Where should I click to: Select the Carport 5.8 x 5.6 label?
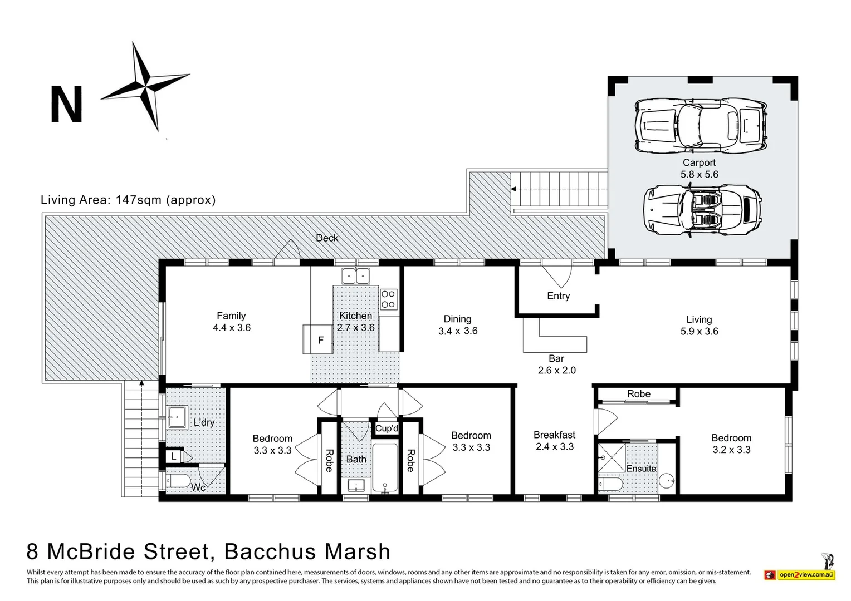pos(699,169)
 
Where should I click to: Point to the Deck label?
pos(327,238)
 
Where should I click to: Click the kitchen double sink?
pos(355,276)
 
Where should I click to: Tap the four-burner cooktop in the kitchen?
pos(388,299)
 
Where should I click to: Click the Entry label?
pos(558,296)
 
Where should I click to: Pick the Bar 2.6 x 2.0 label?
pos(556,364)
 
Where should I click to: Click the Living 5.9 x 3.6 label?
pos(699,326)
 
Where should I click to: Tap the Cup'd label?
pos(387,428)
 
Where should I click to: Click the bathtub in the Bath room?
pos(385,468)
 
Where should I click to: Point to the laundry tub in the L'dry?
pos(178,417)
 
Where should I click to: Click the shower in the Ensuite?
pos(612,458)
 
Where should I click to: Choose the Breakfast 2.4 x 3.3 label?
pos(554,440)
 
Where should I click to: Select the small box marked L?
pos(174,456)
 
